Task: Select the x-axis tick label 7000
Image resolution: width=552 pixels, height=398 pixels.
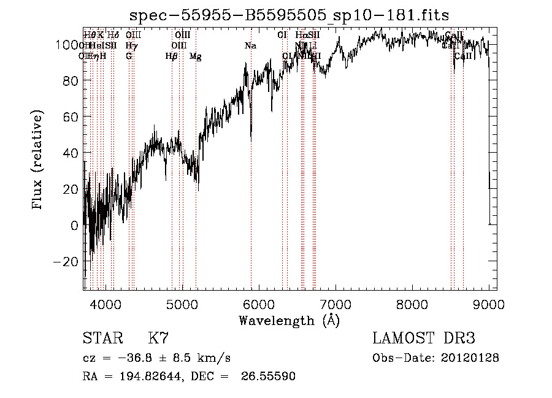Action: point(335,304)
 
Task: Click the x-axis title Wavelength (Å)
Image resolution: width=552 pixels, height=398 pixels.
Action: point(289,320)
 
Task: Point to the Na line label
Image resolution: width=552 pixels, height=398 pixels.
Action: point(250,46)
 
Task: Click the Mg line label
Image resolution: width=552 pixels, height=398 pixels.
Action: point(196,56)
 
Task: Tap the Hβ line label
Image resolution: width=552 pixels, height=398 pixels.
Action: point(172,56)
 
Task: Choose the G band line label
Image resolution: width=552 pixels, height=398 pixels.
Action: point(129,56)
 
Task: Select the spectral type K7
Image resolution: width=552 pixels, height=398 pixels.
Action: point(158,339)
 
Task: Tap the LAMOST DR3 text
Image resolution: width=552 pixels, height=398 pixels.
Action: point(424,339)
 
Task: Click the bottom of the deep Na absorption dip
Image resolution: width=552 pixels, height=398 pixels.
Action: point(251,140)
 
